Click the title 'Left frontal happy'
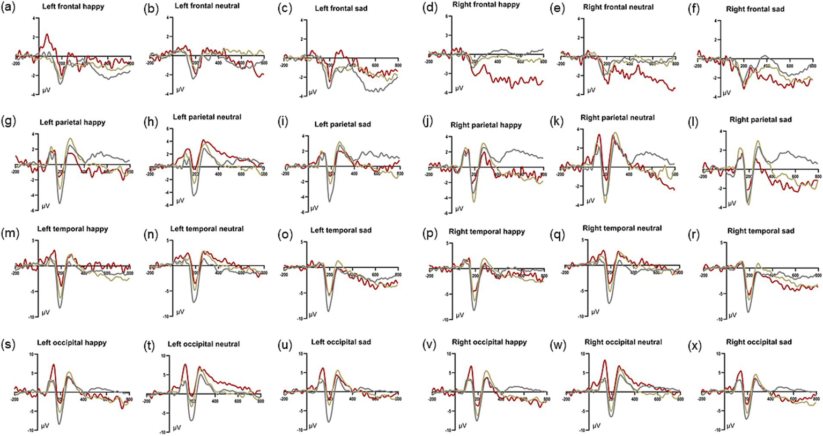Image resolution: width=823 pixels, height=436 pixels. pos(73,7)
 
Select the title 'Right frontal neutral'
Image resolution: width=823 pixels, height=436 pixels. pos(618,7)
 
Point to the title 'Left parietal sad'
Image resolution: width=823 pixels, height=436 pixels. pos(343,124)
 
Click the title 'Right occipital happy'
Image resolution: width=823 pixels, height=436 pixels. pos(489,342)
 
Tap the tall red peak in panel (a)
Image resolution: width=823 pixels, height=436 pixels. pos(47,35)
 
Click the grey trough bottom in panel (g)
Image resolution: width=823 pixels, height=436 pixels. pos(59,202)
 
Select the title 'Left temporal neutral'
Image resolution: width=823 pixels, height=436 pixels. pos(207,229)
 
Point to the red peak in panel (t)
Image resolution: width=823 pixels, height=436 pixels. pos(185,365)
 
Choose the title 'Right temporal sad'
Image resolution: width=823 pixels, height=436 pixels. pos(760,231)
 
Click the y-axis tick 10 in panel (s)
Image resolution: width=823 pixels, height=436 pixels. pos(31,355)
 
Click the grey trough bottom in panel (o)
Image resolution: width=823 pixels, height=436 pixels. pos(328,311)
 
